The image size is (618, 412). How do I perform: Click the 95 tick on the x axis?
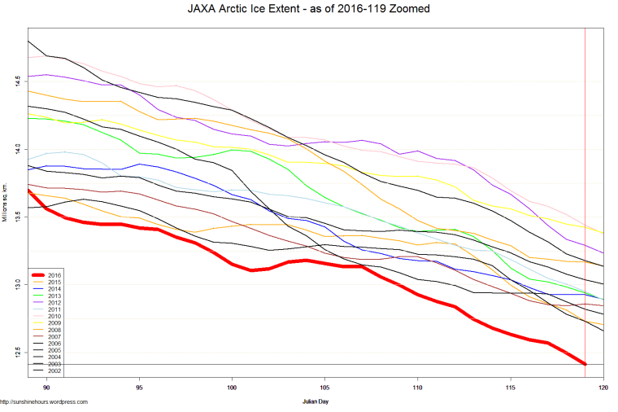(140, 388)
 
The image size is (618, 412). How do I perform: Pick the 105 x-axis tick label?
(325, 388)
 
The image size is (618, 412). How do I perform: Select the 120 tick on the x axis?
(603, 388)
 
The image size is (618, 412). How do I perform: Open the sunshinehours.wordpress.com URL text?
(44, 401)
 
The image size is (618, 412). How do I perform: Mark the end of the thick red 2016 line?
(585, 364)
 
